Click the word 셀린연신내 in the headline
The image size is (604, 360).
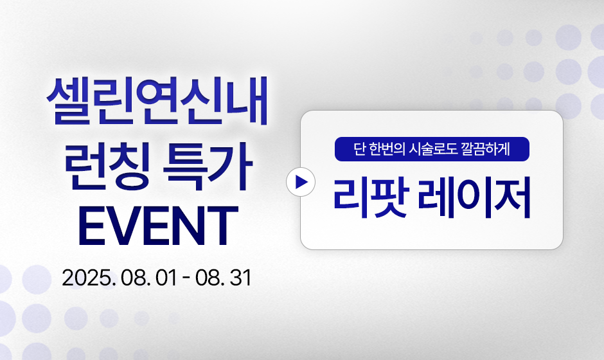click(157, 102)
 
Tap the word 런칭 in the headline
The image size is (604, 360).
click(107, 168)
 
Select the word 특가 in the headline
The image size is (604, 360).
click(208, 168)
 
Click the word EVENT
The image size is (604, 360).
click(158, 226)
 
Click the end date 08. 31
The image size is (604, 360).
click(223, 278)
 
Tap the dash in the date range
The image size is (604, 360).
click(186, 278)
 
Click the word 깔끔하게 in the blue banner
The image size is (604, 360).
click(485, 149)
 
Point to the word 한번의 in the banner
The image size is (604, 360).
click(387, 149)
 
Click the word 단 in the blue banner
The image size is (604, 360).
click(359, 149)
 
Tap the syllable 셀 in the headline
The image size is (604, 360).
click(69, 102)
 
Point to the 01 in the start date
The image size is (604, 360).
click(166, 278)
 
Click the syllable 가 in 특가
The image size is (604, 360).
click(230, 168)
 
